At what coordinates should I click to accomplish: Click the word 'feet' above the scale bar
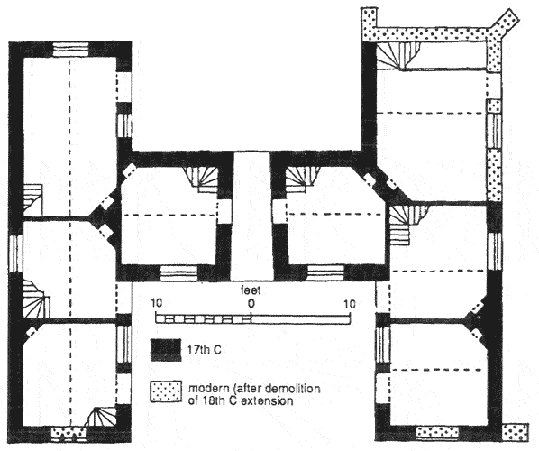251,290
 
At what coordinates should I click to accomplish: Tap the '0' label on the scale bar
251,304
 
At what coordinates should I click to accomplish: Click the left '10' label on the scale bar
157,303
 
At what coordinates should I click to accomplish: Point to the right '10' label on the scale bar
350,304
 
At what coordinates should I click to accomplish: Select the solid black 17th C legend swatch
166,350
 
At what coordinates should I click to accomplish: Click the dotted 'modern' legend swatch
166,391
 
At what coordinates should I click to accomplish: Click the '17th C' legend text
205,350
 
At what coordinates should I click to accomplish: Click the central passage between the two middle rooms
252,216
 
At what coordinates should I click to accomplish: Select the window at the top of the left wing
71,50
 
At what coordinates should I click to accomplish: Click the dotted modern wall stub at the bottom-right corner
516,432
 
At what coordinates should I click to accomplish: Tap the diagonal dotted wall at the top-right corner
505,23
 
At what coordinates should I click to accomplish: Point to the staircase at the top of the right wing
398,56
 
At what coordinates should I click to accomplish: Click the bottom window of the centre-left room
179,273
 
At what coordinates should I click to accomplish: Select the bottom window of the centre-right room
325,273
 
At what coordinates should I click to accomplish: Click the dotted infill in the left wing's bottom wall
69,433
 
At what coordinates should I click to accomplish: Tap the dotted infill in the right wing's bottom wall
437,432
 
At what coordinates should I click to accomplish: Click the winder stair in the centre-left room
202,179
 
